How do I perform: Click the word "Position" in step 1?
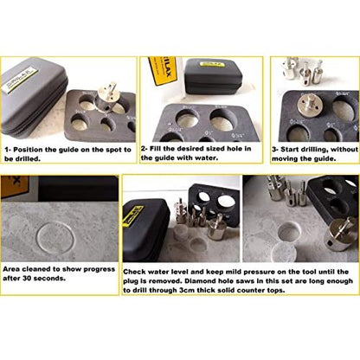pyautogui.click(x=29, y=150)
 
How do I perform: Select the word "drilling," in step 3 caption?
pyautogui.click(x=313, y=150)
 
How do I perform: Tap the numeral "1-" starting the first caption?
pyautogui.click(x=9, y=150)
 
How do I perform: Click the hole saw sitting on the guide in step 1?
pyautogui.click(x=108, y=96)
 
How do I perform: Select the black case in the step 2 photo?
pyautogui.click(x=213, y=76)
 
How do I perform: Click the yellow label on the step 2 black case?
pyautogui.click(x=213, y=63)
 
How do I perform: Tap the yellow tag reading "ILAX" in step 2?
pyautogui.click(x=163, y=71)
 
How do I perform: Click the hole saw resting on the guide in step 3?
pyautogui.click(x=309, y=106)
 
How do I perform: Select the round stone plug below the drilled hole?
pyautogui.click(x=284, y=252)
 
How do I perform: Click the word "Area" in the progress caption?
pyautogui.click(x=11, y=269)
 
